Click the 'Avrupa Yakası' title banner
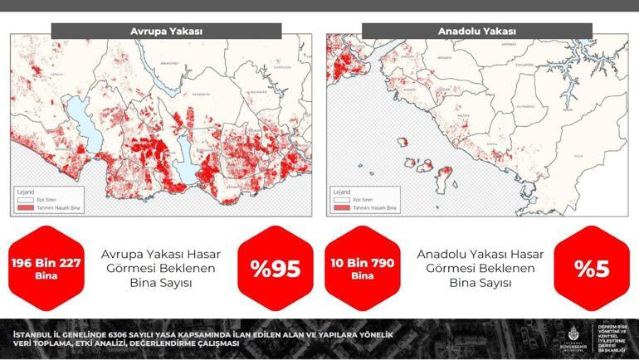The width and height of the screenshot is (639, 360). point(166,32)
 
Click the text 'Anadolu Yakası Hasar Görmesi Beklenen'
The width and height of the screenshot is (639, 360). point(480,261)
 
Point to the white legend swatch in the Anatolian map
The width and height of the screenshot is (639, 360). point(341,199)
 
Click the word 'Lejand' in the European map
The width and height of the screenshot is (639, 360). point(27,191)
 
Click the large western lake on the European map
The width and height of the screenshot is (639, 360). point(76,113)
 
